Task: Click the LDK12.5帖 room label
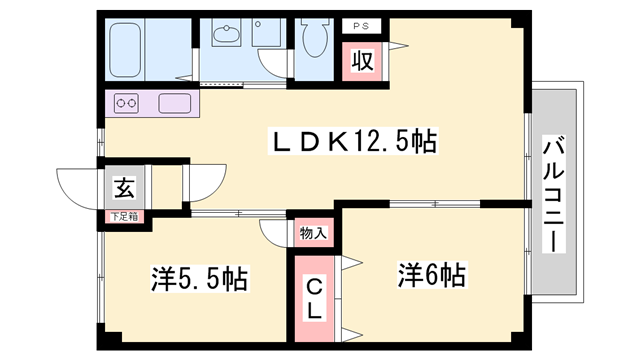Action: (x=353, y=141)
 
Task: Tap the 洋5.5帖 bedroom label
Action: (x=200, y=279)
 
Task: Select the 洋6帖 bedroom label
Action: (x=432, y=275)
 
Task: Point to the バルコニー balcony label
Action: (x=553, y=194)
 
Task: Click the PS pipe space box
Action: (x=361, y=26)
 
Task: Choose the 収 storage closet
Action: (x=362, y=62)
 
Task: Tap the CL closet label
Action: (x=314, y=299)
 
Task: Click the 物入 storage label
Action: (x=313, y=233)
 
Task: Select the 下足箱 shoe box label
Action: (x=124, y=217)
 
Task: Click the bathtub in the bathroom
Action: (x=125, y=50)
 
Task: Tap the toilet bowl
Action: (x=315, y=38)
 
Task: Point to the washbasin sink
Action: (x=226, y=33)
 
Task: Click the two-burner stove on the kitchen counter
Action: (x=126, y=103)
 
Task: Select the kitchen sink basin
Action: (x=175, y=103)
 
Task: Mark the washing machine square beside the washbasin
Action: (x=266, y=33)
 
